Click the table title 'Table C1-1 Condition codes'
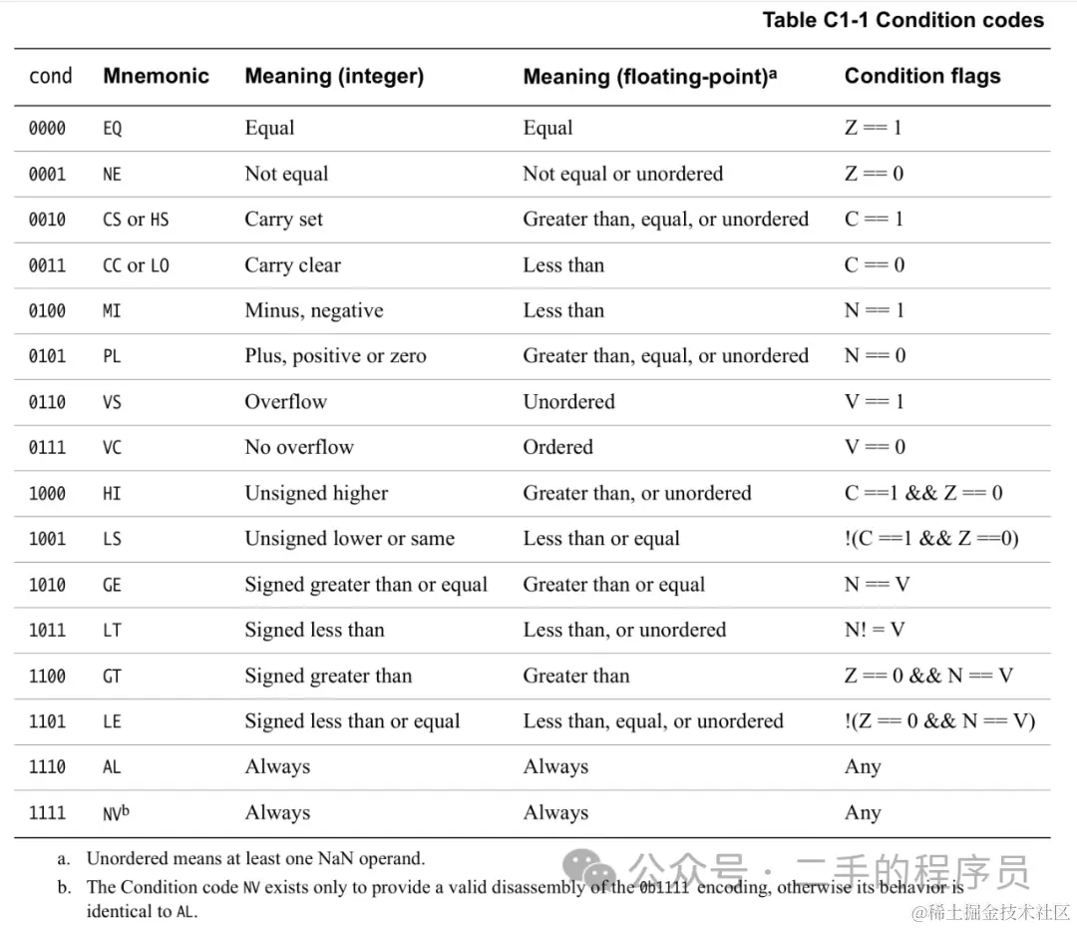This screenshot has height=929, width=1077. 902,20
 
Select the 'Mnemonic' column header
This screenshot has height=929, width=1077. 156,76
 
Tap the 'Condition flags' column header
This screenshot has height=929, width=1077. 921,76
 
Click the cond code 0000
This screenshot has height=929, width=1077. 47,129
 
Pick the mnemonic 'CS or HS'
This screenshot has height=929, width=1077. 136,220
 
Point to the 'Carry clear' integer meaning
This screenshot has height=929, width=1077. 292,265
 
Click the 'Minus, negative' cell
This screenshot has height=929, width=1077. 313,311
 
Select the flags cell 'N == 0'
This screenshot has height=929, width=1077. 874,356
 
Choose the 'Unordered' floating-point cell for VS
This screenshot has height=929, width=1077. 568,402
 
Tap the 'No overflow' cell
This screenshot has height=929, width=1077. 298,448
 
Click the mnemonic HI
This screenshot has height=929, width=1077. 112,494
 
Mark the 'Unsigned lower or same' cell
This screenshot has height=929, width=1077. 349,539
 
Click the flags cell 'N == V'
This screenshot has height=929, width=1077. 877,585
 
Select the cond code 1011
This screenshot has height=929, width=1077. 47,631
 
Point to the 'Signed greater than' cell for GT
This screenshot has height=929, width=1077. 327,677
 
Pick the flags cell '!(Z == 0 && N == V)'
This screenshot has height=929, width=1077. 939,721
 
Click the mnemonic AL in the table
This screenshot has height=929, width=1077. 112,767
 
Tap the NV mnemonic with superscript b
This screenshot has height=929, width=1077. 116,812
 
